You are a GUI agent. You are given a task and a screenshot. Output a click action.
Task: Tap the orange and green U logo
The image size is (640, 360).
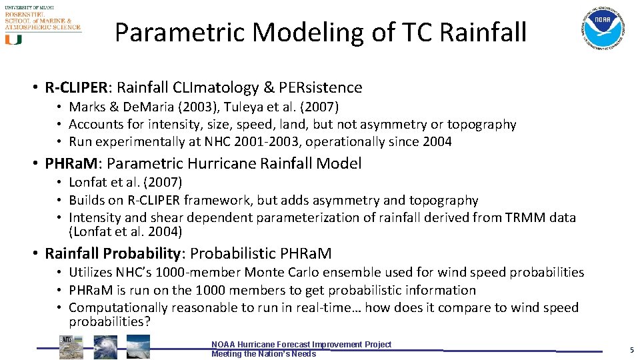13,39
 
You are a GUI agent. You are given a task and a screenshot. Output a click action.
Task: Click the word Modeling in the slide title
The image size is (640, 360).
296,32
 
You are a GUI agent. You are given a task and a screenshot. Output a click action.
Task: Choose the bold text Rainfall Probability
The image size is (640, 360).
111,253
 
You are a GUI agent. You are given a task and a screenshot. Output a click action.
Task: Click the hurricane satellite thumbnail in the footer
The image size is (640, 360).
105,347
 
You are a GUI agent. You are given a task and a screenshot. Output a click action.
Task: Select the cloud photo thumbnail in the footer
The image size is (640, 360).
138,347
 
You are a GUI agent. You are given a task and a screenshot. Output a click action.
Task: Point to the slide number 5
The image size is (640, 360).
631,350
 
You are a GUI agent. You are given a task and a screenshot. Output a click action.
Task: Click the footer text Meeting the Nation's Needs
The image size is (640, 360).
263,354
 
